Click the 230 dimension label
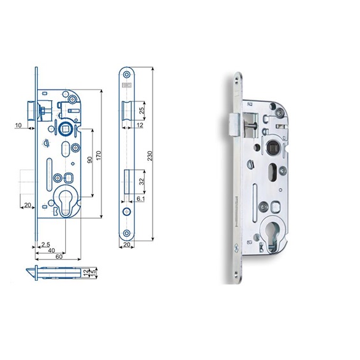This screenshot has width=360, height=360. (x=150, y=156)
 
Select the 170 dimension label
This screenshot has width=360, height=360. (x=98, y=156)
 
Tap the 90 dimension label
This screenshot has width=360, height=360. (x=90, y=160)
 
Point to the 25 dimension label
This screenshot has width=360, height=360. (x=142, y=110)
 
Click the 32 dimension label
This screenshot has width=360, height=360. (x=142, y=182)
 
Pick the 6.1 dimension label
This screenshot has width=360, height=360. (x=140, y=199)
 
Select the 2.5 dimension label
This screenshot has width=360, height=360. (x=45, y=244)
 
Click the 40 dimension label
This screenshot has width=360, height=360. (x=52, y=251)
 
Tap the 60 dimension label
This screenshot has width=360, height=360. (x=59, y=257)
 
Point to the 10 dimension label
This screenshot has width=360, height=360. (x=18, y=125)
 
